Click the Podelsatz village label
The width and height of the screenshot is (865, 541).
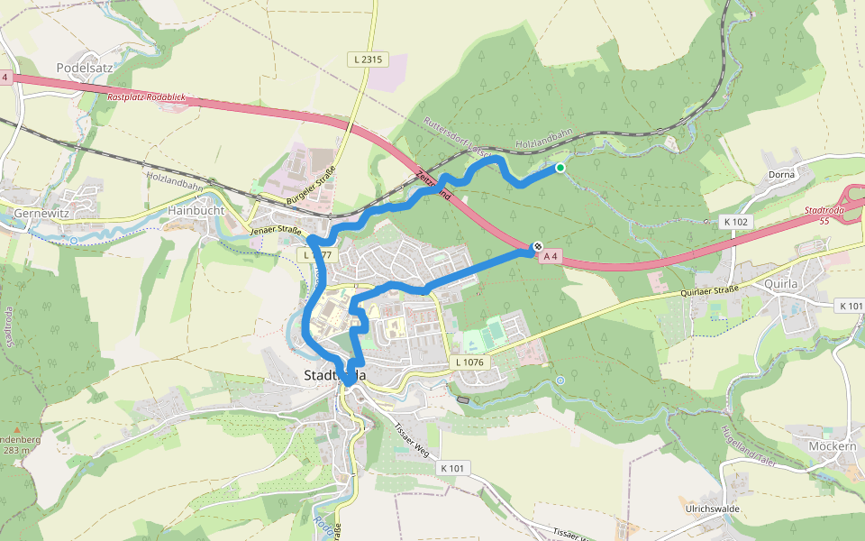pyautogui.click(x=82, y=68)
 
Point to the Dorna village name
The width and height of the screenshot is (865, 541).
pyautogui.click(x=781, y=174)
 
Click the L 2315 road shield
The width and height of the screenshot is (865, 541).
pyautogui.click(x=368, y=60)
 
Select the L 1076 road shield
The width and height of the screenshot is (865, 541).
pyautogui.click(x=469, y=362)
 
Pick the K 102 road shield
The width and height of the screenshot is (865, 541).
pyautogui.click(x=736, y=221)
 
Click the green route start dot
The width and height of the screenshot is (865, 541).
pyautogui.click(x=560, y=168)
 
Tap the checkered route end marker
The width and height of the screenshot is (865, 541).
pyautogui.click(x=537, y=246)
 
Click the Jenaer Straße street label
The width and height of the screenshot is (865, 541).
pyautogui.click(x=276, y=231)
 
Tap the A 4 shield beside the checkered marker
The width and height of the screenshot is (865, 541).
pyautogui.click(x=551, y=257)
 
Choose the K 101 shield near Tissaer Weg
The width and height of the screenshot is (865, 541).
pyautogui.click(x=452, y=469)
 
